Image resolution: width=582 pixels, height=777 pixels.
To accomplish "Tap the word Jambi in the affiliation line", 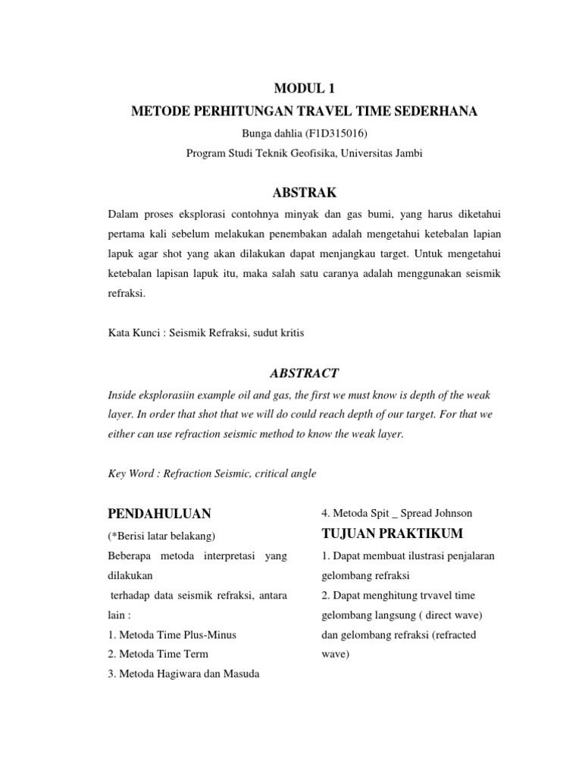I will pos(406,153).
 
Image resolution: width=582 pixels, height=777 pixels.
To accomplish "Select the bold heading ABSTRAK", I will pos(304,193).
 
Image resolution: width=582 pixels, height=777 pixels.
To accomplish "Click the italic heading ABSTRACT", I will pos(304,373).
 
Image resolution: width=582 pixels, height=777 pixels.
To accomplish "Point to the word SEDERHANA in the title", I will pos(440,112).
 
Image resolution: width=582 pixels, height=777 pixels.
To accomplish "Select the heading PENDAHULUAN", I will pos(159,513).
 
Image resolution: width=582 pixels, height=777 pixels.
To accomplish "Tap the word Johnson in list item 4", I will pos(454,513).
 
